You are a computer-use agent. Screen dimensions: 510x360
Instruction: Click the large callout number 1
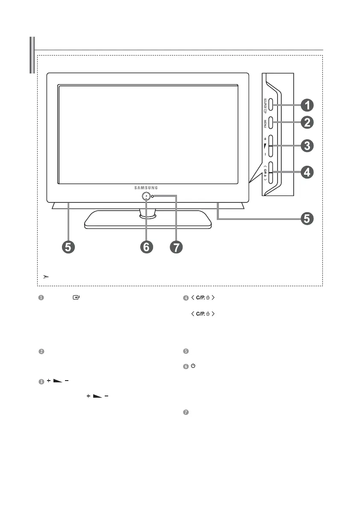(307, 104)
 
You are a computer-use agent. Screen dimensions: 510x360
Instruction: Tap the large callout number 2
(307, 123)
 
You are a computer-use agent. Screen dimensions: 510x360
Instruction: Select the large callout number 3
(307, 146)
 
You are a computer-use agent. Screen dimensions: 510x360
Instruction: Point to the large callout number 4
(307, 173)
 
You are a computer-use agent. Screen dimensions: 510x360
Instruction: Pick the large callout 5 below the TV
(69, 247)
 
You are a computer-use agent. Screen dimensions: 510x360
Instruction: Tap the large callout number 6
(146, 247)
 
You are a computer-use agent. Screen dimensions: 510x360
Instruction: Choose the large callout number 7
(175, 247)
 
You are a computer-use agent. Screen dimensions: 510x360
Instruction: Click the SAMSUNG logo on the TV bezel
(147, 187)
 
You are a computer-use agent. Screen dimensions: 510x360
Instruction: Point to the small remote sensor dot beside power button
(152, 196)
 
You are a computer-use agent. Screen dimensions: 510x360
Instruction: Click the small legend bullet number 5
(186, 352)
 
